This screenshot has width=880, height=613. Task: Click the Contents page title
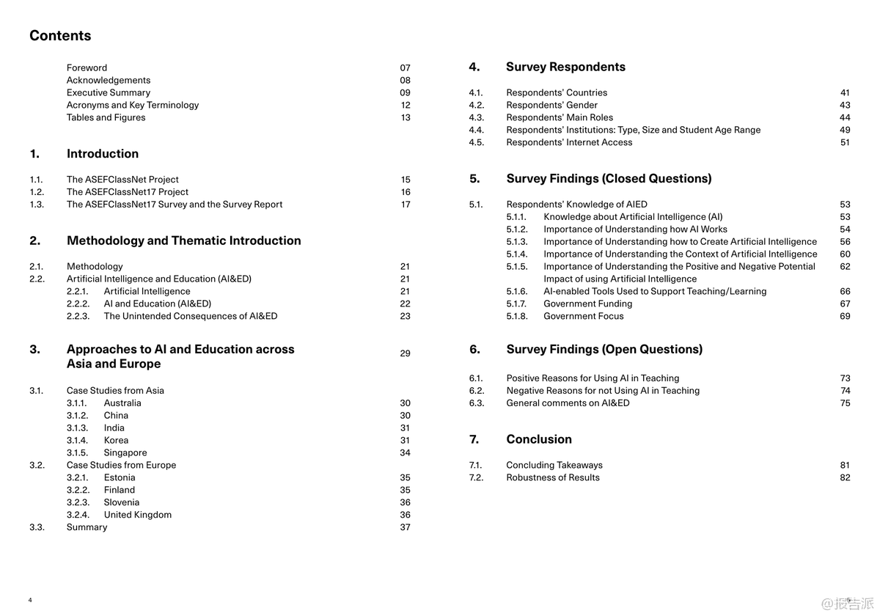tap(60, 36)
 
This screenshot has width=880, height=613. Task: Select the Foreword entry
tap(87, 68)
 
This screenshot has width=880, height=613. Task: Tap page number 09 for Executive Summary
tap(405, 93)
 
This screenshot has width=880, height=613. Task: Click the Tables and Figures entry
tap(106, 118)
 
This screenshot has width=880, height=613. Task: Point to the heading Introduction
tap(102, 154)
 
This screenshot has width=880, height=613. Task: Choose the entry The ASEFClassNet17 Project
tap(127, 192)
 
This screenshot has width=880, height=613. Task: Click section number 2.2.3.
tap(78, 317)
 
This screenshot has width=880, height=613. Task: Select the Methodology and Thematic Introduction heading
tap(183, 241)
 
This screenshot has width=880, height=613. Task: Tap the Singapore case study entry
tap(125, 453)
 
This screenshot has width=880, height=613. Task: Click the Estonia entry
tap(119, 478)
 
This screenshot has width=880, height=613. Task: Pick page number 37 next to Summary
tap(405, 528)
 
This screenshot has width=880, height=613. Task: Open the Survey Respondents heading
tap(565, 67)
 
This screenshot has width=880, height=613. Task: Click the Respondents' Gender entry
tap(551, 106)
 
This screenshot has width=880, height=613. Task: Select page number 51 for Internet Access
tap(845, 143)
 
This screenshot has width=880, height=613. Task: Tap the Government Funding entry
tap(587, 304)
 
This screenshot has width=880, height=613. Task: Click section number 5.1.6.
tap(516, 292)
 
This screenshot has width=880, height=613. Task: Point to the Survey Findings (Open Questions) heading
tap(604, 350)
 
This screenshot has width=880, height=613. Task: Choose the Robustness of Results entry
tap(552, 478)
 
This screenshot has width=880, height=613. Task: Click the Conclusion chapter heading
tap(538, 440)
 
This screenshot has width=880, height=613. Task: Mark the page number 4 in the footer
tap(30, 601)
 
